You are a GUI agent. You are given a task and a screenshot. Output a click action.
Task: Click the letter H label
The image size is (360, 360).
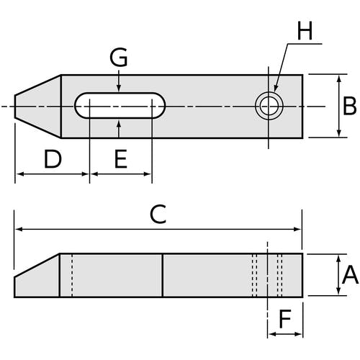click(x=305, y=31)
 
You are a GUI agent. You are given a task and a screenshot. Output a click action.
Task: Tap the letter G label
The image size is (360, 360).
click(x=119, y=57)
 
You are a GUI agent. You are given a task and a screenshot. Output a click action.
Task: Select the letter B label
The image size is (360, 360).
click(x=349, y=106)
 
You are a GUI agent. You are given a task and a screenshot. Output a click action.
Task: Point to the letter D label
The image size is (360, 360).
click(x=53, y=159)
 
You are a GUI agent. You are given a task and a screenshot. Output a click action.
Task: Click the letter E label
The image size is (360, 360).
click(x=120, y=159)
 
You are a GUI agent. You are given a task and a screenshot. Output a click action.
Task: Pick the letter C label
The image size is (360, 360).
click(x=158, y=214)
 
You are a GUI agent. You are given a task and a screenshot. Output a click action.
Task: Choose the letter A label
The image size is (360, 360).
click(x=350, y=274)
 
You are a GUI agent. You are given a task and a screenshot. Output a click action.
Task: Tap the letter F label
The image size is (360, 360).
click(x=285, y=319)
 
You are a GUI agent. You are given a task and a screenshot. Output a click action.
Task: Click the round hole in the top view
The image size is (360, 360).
click(x=269, y=106)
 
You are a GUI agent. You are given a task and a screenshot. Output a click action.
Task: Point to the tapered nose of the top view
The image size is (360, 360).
click(x=37, y=107)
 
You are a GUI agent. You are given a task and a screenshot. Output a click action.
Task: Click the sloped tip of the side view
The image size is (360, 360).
click(x=37, y=276)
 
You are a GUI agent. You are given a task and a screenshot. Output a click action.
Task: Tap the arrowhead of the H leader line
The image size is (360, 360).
click(x=275, y=89)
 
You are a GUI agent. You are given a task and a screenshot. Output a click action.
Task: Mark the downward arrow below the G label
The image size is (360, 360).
click(x=119, y=81)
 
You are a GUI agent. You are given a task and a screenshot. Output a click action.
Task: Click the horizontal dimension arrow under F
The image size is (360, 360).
click(x=285, y=334)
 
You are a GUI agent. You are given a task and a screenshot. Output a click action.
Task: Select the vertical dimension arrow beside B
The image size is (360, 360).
click(x=339, y=106)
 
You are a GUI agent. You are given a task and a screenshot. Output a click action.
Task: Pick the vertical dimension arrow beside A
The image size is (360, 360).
click(x=338, y=275)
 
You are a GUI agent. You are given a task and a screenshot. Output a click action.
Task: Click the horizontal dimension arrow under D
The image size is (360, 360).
click(x=53, y=174)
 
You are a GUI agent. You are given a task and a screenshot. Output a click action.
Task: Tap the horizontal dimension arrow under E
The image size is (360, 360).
click(x=121, y=174)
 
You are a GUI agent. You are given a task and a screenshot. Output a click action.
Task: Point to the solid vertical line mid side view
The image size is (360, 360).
click(x=163, y=276)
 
